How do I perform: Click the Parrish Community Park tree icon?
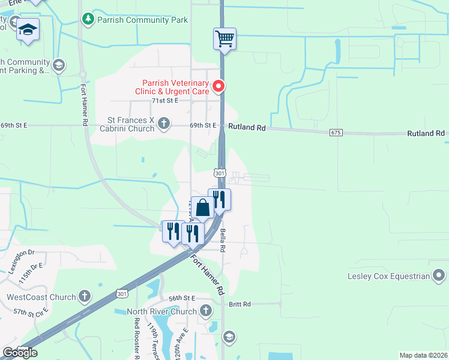pyautogui.click(x=88, y=20)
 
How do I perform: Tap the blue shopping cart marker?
pyautogui.click(x=224, y=40)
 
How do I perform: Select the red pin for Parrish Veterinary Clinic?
pyautogui.click(x=219, y=87)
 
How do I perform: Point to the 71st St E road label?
pyautogui.click(x=164, y=101)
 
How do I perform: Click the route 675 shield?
pyautogui.click(x=336, y=132)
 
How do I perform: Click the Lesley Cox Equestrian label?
pyautogui.click(x=389, y=276)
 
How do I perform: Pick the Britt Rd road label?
pyautogui.click(x=240, y=304)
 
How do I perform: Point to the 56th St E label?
pyautogui.click(x=182, y=298)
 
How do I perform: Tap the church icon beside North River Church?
pyautogui.click(x=206, y=311)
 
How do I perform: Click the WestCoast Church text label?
pyautogui.click(x=41, y=296)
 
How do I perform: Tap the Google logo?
pyautogui.click(x=20, y=353)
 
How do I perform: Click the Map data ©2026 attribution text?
pyautogui.click(x=423, y=355)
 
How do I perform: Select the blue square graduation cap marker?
pyautogui.click(x=28, y=29)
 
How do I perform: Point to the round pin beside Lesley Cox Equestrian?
pyautogui.click(x=439, y=276)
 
